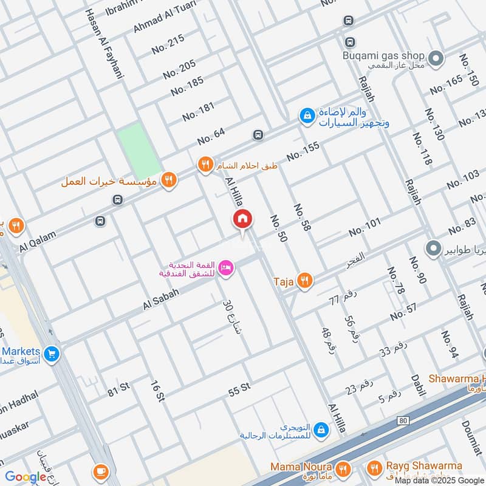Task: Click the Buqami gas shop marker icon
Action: pos(435,58)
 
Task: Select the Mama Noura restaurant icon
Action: pos(343,468)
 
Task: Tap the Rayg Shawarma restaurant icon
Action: pos(374,468)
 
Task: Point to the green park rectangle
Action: pos(140,151)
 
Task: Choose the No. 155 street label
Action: pos(303,151)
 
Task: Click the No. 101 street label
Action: pos(364,227)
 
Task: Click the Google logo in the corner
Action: pos(26,477)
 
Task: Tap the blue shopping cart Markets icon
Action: pos(52,352)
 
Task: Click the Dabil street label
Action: pos(417,385)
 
